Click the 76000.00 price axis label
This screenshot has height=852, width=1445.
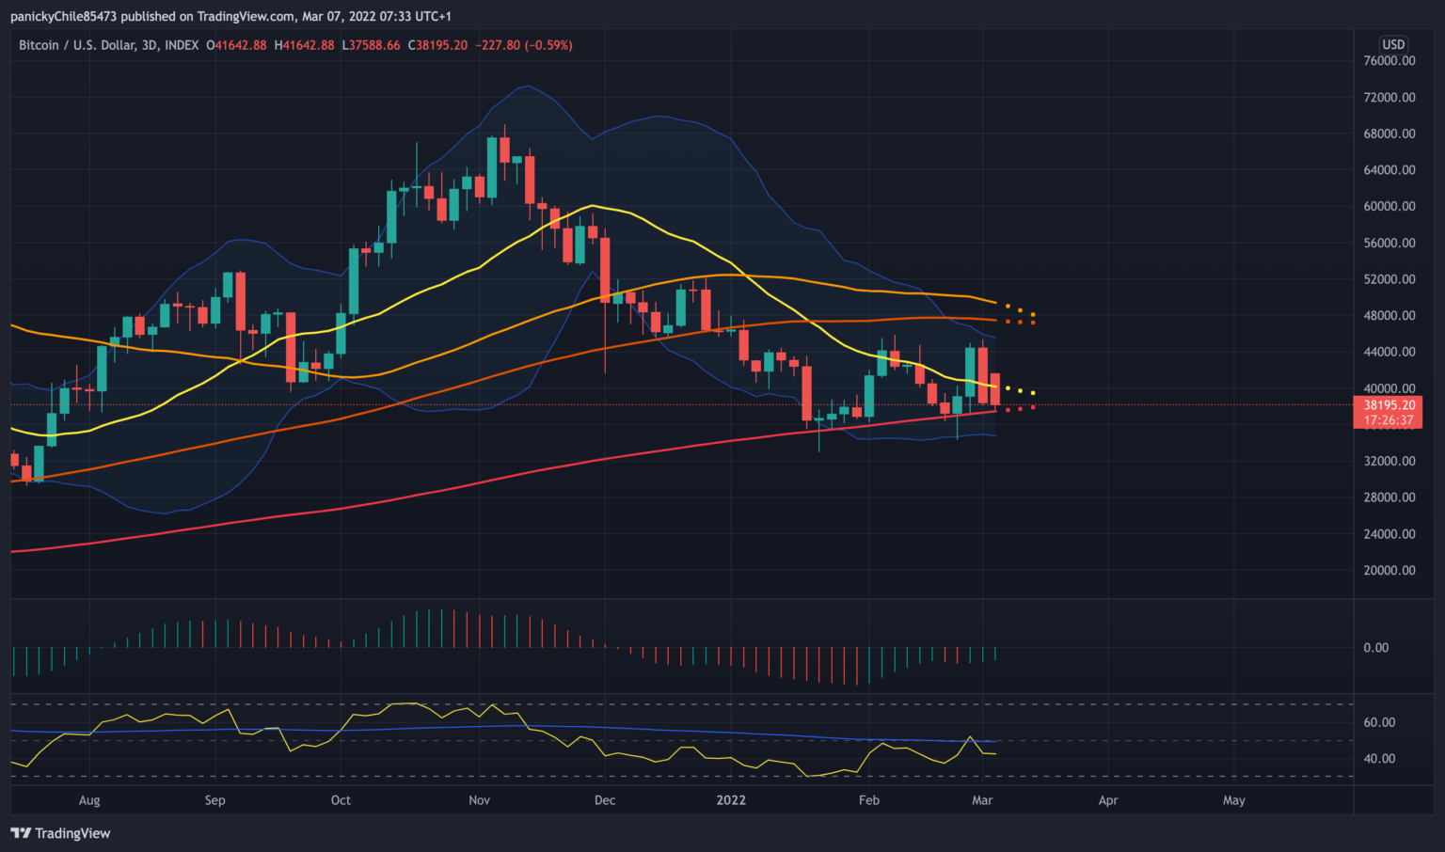(1389, 61)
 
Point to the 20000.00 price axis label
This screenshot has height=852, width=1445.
(1389, 571)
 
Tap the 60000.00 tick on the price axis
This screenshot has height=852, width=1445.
(1389, 207)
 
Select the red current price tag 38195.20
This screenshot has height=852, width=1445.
(1389, 405)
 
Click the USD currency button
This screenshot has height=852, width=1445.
(1393, 44)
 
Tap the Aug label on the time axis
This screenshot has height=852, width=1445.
(89, 800)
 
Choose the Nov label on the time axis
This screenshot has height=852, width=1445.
(479, 800)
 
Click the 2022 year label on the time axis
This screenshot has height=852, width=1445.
(731, 800)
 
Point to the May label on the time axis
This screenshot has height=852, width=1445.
(1233, 800)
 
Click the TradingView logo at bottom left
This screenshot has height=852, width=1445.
(60, 833)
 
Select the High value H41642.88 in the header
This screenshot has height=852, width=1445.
(304, 45)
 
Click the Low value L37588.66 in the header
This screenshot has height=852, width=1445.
(371, 45)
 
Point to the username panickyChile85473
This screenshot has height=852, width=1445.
(64, 16)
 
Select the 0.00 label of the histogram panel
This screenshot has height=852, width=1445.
(1375, 648)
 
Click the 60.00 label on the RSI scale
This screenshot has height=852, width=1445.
(1379, 723)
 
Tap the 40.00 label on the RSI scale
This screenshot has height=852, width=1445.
(1379, 759)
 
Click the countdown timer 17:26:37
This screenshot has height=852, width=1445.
(1389, 420)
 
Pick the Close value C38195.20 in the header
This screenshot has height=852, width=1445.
(437, 45)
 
